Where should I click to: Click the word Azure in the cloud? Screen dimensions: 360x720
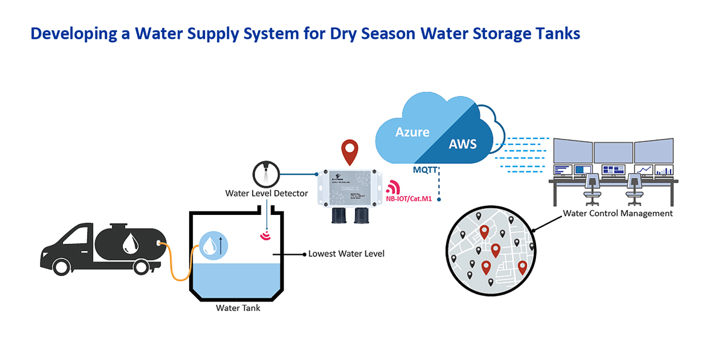(412, 133)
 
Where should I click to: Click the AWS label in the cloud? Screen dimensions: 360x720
(462, 144)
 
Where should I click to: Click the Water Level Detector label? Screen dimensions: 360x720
(267, 193)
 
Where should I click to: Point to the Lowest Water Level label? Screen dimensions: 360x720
(346, 254)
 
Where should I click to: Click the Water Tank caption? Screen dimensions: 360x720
(238, 308)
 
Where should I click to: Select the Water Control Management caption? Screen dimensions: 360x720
(618, 214)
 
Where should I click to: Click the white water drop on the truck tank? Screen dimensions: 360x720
(131, 243)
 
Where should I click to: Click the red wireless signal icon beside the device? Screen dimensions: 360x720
(392, 187)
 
